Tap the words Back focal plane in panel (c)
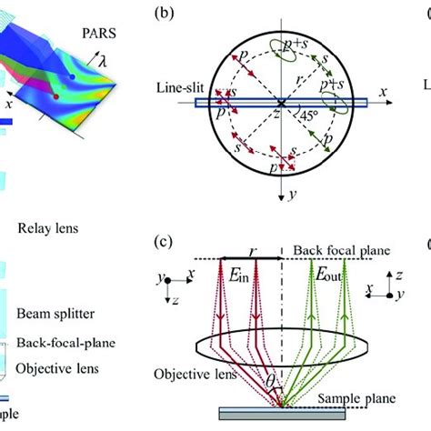[338, 248]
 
